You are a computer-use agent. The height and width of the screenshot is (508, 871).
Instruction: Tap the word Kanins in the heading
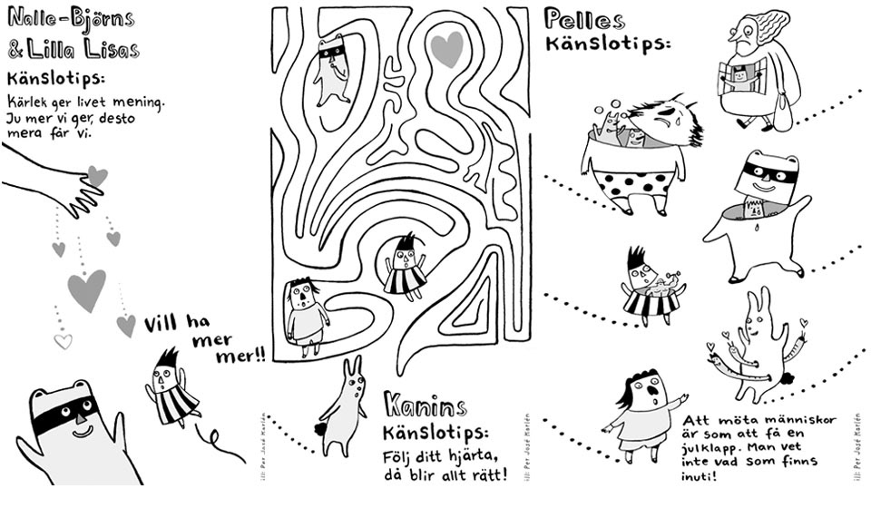425,405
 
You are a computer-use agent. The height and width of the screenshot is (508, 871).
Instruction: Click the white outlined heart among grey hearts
63,341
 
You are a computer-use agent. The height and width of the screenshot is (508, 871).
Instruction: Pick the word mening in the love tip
141,103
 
